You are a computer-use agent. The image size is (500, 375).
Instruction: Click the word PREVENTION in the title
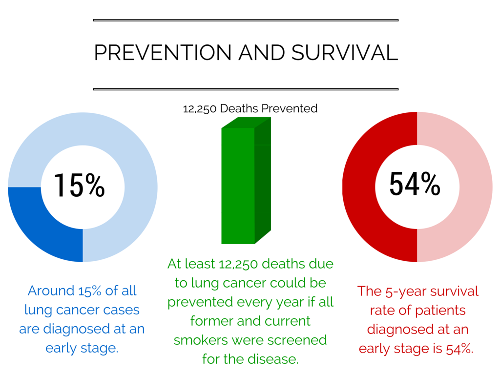point(163,53)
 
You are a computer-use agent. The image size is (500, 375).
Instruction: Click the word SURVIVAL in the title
point(345,53)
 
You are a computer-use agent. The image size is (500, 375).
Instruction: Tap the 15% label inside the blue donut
point(80,185)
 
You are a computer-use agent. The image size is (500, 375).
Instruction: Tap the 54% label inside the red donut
point(415,184)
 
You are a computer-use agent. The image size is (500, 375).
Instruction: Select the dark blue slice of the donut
point(38,223)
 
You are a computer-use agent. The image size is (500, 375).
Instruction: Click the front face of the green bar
point(238,186)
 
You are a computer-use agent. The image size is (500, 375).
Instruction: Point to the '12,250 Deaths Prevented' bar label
point(250,108)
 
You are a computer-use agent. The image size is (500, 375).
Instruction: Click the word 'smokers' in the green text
point(201,340)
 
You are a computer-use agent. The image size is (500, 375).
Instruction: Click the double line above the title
point(246,20)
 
